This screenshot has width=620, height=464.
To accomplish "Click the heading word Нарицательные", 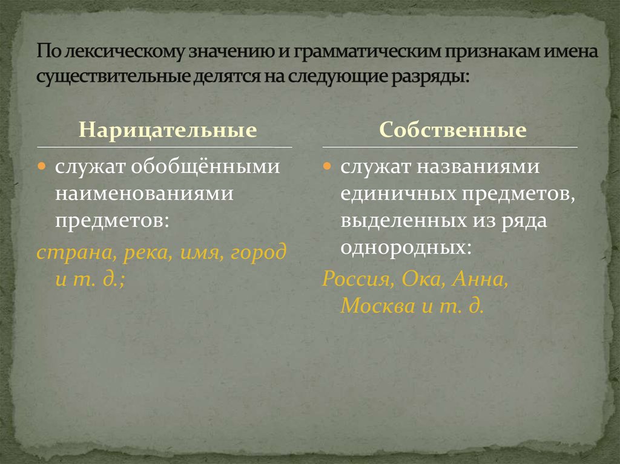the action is coord(168,129).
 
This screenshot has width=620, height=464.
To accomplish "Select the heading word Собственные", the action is coord(453,129).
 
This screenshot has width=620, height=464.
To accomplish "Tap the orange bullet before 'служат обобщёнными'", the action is coord(42,166).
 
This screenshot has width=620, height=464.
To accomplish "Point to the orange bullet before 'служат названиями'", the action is coord(326,166).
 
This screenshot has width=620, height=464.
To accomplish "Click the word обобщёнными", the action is coord(205,166).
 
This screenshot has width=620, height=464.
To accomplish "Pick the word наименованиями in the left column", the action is coord(144,194).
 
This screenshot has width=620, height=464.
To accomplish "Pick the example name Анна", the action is coord(480,279).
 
